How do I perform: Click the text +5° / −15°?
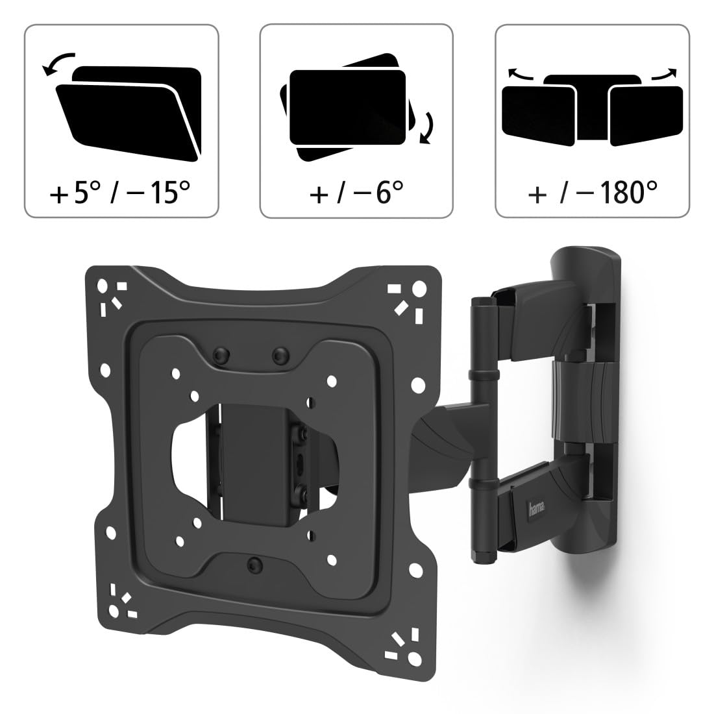click(x=120, y=192)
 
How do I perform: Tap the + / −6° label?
click(x=356, y=192)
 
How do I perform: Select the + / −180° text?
click(x=593, y=192)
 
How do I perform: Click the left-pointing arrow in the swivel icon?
click(x=521, y=73)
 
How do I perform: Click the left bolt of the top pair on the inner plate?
click(x=222, y=354)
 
